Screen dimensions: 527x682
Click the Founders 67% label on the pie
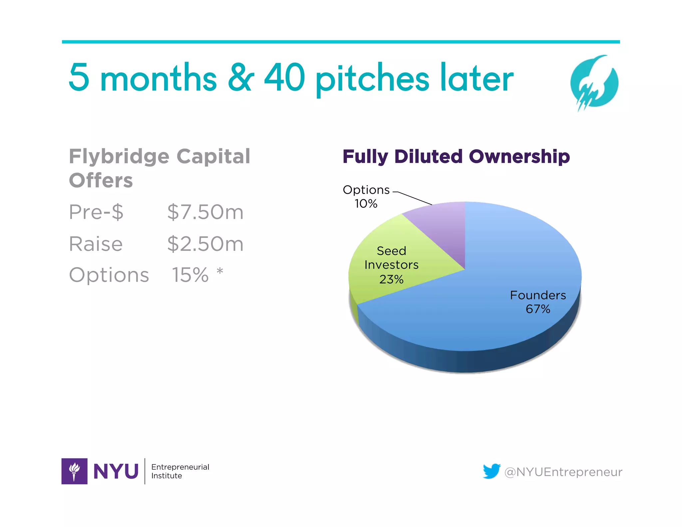click(x=538, y=302)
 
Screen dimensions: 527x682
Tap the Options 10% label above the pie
click(x=366, y=196)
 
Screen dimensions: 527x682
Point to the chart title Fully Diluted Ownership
click(x=456, y=157)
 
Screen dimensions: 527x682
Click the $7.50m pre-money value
click(x=205, y=212)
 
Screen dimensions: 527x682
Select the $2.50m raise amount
click(x=205, y=244)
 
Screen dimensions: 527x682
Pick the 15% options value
click(x=190, y=275)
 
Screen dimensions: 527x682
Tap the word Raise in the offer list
click(x=96, y=244)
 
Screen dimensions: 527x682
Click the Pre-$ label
click(x=96, y=212)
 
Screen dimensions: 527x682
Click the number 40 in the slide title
click(x=285, y=78)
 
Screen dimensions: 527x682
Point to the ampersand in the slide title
click(x=241, y=78)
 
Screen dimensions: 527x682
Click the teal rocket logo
click(x=594, y=83)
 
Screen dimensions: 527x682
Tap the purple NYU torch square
click(x=74, y=471)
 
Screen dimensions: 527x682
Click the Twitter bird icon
click(x=492, y=471)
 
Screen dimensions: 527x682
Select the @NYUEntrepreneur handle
click(x=563, y=472)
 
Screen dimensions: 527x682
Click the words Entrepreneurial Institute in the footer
click(x=180, y=471)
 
